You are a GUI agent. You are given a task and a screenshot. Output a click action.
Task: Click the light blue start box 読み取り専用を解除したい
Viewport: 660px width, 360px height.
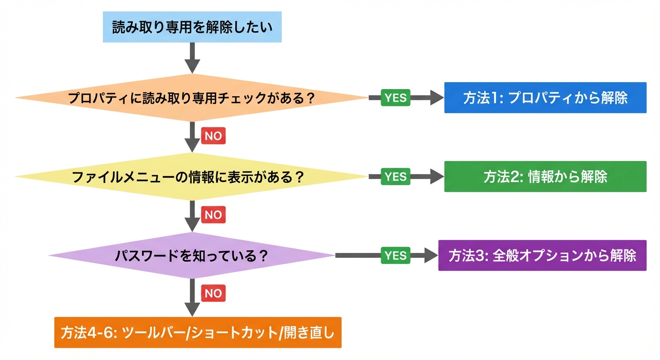192,27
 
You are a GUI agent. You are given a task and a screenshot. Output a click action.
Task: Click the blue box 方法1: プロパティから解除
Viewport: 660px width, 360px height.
545,98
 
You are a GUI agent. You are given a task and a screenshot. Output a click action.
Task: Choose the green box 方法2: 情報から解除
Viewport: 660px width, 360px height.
545,177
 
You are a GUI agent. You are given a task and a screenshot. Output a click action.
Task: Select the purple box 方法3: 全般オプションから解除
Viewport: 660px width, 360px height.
542,255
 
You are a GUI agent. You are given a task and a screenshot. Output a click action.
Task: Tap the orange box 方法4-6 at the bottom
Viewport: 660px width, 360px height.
198,332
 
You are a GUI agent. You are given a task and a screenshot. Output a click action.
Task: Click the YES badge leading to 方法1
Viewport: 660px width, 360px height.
396,98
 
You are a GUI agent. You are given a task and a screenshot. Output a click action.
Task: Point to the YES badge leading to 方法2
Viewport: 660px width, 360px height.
396,177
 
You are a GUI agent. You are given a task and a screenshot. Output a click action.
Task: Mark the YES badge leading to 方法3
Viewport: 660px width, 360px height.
396,255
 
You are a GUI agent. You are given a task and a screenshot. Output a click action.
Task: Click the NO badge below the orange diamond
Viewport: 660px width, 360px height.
213,136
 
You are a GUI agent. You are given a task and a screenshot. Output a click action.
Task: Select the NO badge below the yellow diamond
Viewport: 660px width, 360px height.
213,215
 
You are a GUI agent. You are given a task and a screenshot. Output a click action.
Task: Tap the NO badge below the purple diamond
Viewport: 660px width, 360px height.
213,293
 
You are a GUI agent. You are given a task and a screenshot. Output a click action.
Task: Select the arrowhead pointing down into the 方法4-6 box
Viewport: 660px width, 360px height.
192,309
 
